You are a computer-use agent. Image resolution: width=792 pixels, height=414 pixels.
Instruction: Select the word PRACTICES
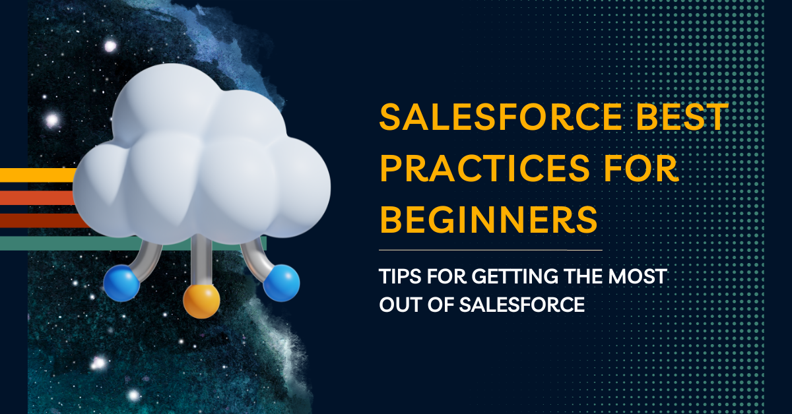coord(484,168)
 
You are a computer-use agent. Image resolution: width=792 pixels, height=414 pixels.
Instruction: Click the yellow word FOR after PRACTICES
coord(641,168)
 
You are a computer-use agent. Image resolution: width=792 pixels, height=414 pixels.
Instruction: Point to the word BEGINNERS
coord(488,220)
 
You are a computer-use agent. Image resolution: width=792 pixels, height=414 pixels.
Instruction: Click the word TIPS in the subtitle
coord(400,276)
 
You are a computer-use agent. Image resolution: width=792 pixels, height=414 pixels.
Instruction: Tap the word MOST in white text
coord(638,276)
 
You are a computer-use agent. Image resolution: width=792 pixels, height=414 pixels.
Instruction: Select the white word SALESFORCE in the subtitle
coord(522,305)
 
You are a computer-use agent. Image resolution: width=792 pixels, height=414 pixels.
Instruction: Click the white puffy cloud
coord(201,156)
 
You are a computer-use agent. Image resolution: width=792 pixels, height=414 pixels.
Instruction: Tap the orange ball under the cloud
coord(201,301)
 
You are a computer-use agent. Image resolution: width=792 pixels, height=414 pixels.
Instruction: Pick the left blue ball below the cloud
coord(121,283)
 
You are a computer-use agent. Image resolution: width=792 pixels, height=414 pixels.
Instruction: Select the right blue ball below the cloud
coord(281,283)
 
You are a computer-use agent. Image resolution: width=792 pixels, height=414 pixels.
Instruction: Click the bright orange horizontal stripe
coord(37,198)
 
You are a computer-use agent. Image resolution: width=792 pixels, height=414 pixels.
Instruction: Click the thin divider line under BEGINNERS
coord(490,250)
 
